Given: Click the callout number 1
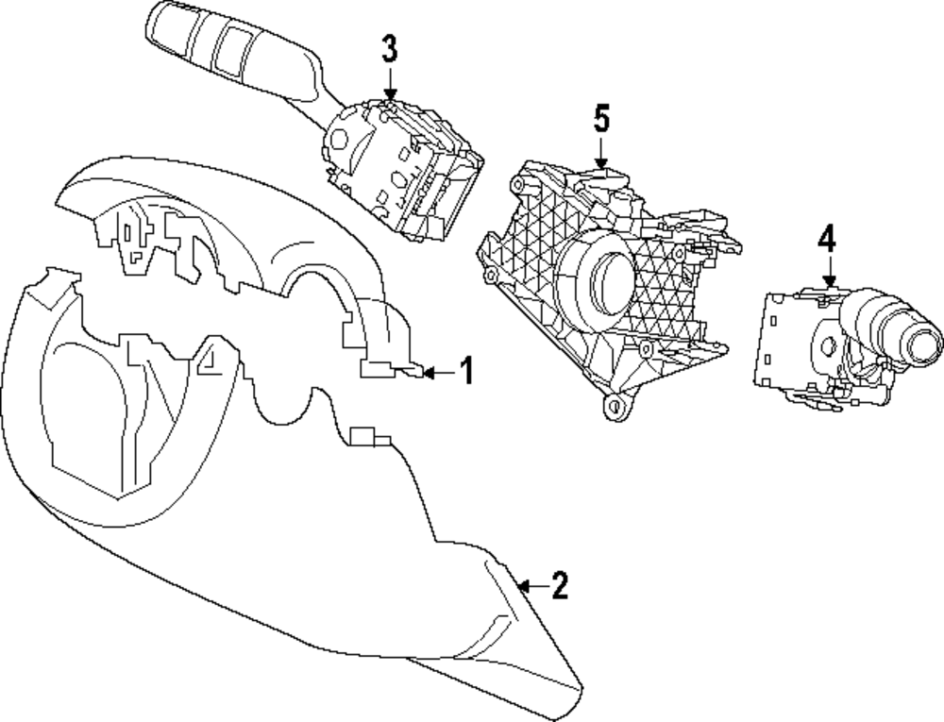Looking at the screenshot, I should (464, 372).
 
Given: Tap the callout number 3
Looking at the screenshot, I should (390, 48).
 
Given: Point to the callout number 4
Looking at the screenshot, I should (827, 240).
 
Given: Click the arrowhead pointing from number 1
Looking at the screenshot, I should (430, 374).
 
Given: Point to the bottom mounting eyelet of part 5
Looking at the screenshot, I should (615, 408).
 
